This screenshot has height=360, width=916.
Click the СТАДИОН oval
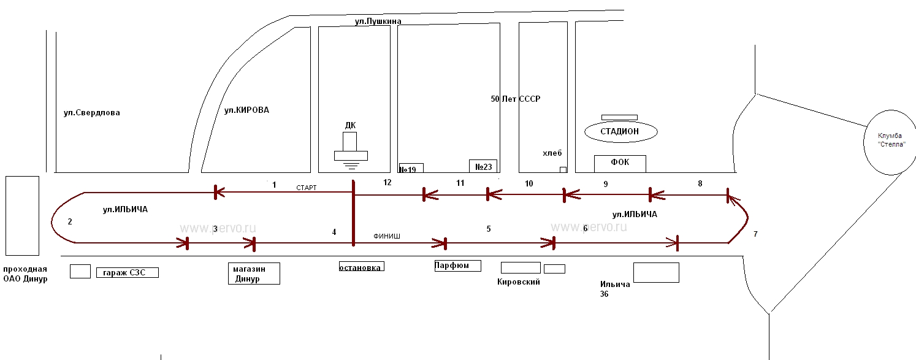(x=620, y=131)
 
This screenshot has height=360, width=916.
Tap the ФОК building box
(x=620, y=163)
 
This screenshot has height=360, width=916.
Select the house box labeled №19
(x=411, y=168)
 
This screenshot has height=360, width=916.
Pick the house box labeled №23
(x=483, y=166)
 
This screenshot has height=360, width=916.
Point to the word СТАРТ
(x=306, y=188)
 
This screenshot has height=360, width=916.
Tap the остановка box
(x=362, y=267)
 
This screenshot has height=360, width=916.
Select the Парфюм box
(x=457, y=266)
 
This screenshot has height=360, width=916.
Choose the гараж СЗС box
(x=128, y=272)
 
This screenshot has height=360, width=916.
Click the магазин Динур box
(x=254, y=274)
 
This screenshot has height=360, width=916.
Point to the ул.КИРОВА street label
(x=246, y=110)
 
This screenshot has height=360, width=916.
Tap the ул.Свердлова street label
(x=92, y=113)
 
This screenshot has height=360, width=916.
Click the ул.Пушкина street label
(x=378, y=21)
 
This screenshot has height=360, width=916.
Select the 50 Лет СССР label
(x=516, y=99)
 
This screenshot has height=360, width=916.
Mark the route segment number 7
(x=755, y=234)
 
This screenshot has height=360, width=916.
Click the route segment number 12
(x=387, y=182)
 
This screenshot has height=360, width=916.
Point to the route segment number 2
(x=70, y=221)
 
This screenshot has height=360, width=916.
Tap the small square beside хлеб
(x=563, y=169)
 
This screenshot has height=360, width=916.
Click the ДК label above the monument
(x=350, y=126)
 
